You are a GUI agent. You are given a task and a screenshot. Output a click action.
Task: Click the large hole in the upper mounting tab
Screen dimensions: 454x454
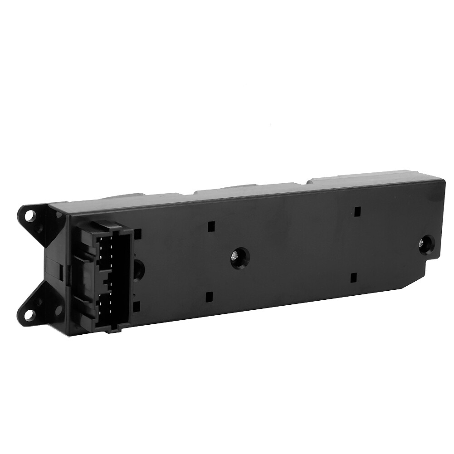click(29, 216)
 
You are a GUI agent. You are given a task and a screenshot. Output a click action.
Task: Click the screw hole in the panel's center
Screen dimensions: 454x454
click(239, 258)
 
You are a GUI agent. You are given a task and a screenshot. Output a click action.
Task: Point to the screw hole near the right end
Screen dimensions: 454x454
click(426, 245)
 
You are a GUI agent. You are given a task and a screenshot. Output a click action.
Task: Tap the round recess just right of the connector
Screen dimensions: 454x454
click(138, 270)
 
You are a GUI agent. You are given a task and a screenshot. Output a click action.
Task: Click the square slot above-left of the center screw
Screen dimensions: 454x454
click(210, 226)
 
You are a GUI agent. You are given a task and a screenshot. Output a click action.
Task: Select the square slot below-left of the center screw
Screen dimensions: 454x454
click(209, 297)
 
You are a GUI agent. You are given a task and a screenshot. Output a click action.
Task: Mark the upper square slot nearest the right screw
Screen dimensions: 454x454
click(357, 211)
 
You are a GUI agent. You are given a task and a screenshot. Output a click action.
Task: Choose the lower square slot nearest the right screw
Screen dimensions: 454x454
click(354, 277)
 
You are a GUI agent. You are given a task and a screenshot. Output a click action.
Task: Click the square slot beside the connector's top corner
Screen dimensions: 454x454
click(137, 234)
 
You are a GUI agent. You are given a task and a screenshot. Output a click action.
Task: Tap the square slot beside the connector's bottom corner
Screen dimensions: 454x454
click(137, 307)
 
